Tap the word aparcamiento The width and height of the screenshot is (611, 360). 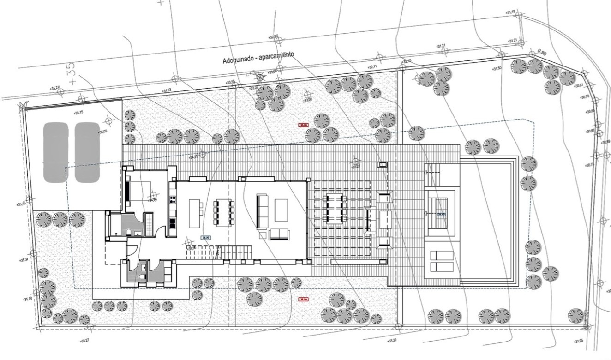point(275,55)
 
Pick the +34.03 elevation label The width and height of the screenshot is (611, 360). point(167,90)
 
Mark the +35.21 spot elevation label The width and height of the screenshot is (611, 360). point(55,88)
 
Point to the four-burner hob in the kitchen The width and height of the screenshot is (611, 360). point(173,200)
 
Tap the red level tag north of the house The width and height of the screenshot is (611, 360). point(303,125)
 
